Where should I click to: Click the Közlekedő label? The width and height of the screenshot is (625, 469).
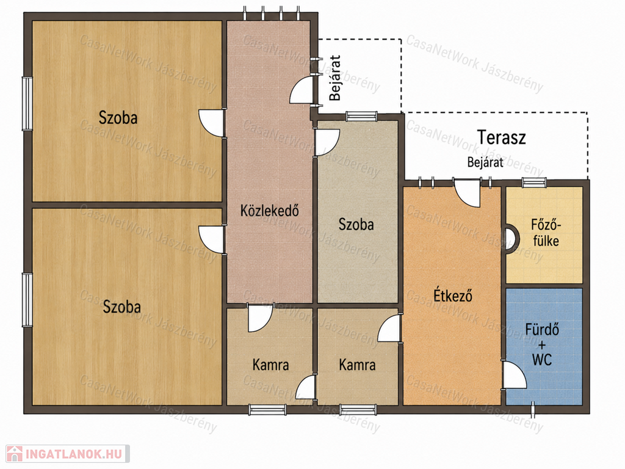(269, 210)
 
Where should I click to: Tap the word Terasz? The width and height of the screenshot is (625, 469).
(501, 137)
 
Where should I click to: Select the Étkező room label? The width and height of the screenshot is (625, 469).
(453, 296)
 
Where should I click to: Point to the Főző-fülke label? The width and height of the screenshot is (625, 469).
(545, 233)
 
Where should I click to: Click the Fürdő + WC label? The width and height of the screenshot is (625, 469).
(542, 345)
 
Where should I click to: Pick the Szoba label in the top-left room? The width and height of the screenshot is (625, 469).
(118, 118)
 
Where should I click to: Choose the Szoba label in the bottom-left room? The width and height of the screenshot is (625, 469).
(122, 307)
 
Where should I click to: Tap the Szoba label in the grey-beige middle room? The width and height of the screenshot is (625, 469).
(356, 224)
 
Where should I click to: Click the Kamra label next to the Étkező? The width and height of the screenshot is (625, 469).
(357, 365)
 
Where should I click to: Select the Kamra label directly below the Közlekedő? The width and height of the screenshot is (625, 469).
(270, 365)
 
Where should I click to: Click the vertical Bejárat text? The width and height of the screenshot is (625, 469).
(335, 78)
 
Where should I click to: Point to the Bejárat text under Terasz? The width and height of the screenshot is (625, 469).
(485, 162)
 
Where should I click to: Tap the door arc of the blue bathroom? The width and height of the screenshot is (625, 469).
(515, 375)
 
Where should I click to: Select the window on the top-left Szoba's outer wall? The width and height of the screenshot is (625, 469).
(27, 103)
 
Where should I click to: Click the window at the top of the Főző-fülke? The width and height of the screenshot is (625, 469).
(533, 183)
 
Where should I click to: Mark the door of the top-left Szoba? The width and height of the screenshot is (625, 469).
(212, 123)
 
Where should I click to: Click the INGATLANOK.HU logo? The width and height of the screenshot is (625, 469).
(68, 454)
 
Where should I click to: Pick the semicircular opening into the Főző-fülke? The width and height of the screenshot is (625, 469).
(512, 239)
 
